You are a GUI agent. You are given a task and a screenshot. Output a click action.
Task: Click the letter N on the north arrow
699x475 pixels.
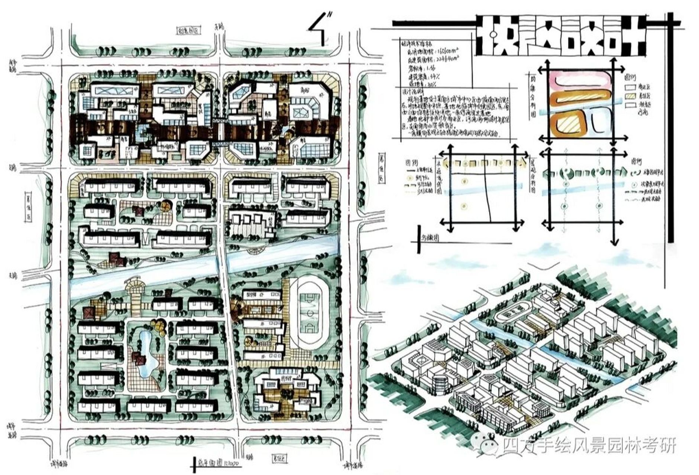pos(330,15)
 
